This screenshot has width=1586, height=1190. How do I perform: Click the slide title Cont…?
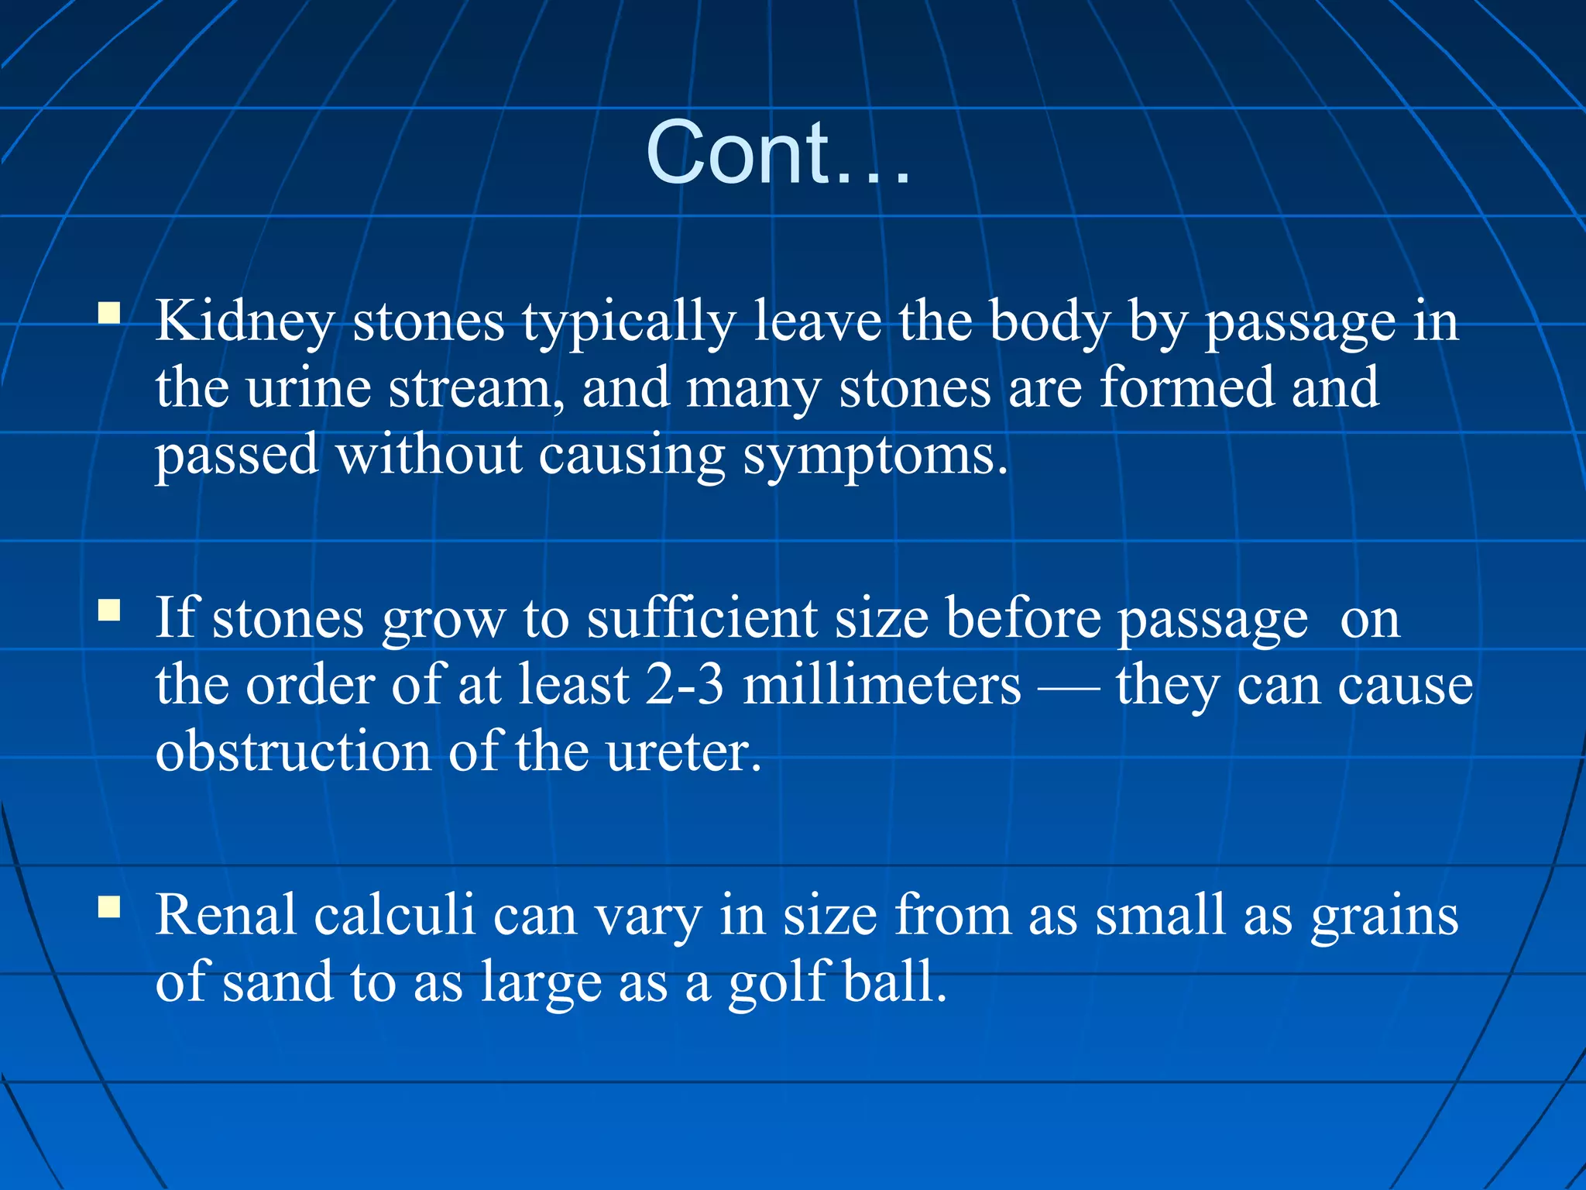pyautogui.click(x=778, y=153)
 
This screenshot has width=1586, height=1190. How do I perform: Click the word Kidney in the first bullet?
pyautogui.click(x=245, y=322)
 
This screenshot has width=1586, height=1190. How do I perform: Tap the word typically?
pyautogui.click(x=628, y=322)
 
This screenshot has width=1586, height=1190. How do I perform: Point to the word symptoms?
pyautogui.click(x=875, y=456)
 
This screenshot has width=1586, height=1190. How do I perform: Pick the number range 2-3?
pyautogui.click(x=685, y=685)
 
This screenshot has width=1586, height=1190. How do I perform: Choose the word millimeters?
pyautogui.click(x=881, y=685)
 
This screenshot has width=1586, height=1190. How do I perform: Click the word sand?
pyautogui.click(x=278, y=982)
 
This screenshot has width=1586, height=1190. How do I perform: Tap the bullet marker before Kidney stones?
pyautogui.click(x=109, y=313)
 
